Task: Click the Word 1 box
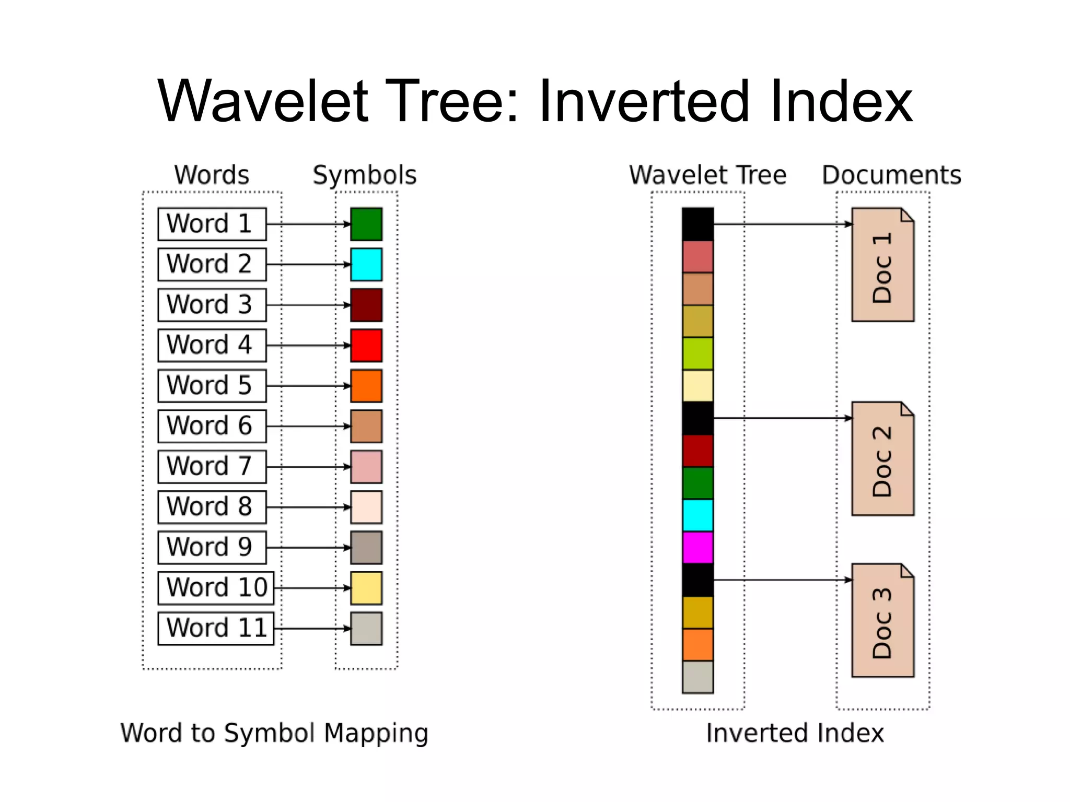point(212,224)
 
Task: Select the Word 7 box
point(212,466)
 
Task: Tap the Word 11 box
point(216,628)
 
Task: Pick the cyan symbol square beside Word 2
point(366,265)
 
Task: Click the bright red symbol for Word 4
point(366,345)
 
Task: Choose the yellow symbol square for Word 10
point(366,588)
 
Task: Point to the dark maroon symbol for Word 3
point(366,305)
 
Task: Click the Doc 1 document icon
point(882,265)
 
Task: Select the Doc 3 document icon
point(882,620)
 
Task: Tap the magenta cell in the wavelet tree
point(697,547)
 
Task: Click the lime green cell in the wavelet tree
point(697,353)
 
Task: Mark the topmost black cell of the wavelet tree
point(697,224)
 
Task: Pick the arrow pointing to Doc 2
point(782,418)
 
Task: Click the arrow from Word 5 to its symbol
point(308,386)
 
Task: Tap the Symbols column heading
point(364,175)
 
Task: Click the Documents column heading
point(891,175)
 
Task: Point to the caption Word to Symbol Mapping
point(274,733)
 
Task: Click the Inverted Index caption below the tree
point(795,733)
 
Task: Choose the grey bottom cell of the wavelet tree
point(697,677)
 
